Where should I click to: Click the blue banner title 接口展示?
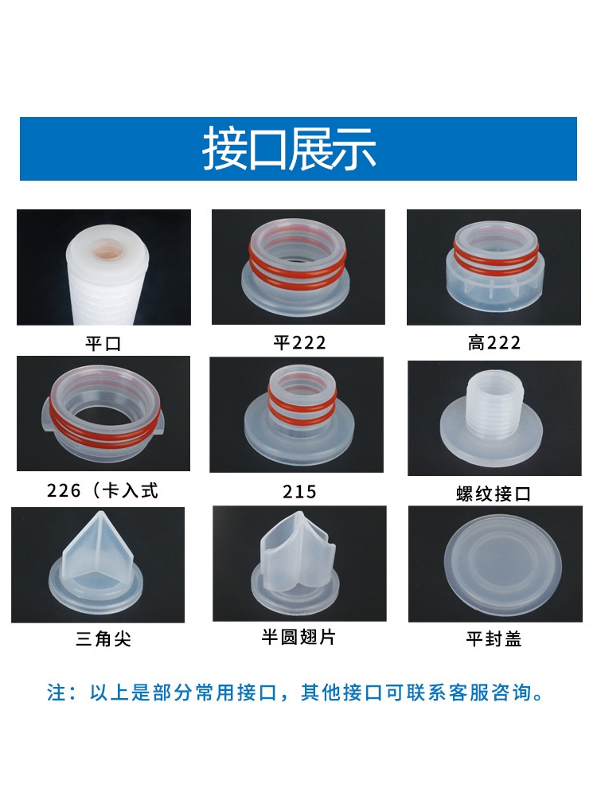pyautogui.click(x=290, y=148)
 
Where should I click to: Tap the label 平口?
pyautogui.click(x=103, y=344)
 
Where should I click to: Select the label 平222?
pyautogui.click(x=299, y=342)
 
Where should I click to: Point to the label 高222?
pyautogui.click(x=494, y=342)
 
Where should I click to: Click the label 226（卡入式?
pyautogui.click(x=103, y=490)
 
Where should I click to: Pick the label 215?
pyautogui.click(x=299, y=491)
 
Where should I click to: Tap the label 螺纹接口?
pyautogui.click(x=494, y=494)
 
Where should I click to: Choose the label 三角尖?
pyautogui.click(x=103, y=638)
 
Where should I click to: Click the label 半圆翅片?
pyautogui.click(x=298, y=637)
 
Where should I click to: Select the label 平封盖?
pyautogui.click(x=494, y=638)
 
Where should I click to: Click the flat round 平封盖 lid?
pyautogui.click(x=502, y=564)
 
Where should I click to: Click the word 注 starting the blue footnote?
pyautogui.click(x=56, y=693)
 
